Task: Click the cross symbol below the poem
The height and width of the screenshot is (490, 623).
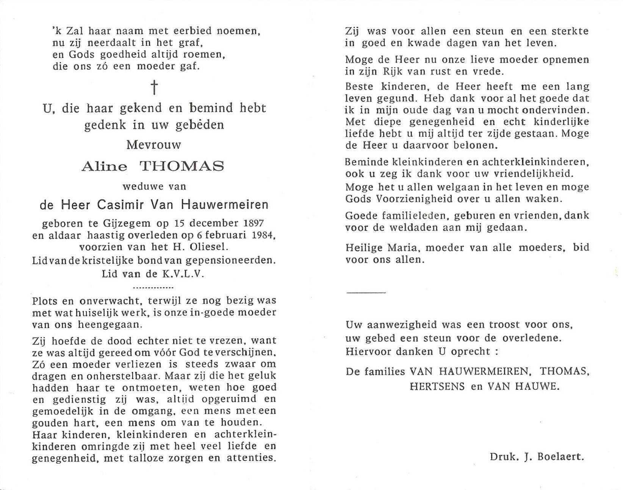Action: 154,87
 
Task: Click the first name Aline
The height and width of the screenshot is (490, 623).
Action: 104,166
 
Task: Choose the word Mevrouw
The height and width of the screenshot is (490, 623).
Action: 154,145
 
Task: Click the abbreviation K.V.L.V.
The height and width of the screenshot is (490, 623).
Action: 183,274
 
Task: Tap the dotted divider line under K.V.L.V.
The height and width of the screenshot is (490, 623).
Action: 154,288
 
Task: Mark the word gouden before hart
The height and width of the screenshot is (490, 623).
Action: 50,423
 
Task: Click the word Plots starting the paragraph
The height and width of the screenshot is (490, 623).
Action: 45,301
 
